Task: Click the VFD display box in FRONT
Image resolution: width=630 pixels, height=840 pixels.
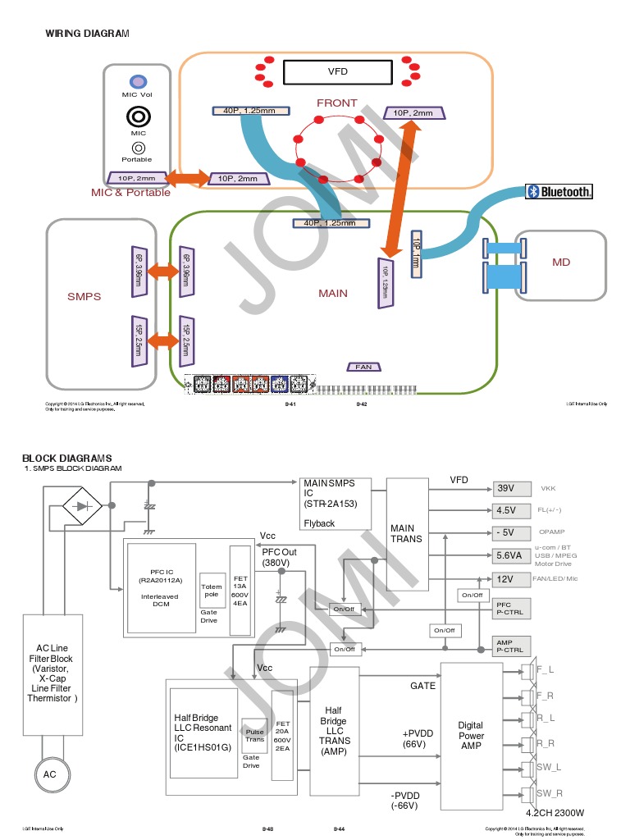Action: point(337,72)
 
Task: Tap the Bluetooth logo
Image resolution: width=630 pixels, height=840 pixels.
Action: point(559,192)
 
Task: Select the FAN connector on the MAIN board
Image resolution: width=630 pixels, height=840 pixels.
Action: point(363,367)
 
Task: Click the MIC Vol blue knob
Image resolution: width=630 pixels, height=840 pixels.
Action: point(138,81)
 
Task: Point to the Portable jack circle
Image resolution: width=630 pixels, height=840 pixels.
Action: point(138,148)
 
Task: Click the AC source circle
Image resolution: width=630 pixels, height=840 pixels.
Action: point(49,774)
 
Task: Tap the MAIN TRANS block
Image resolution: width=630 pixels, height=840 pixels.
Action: point(407,533)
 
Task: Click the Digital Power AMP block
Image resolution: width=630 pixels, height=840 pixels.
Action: point(471,736)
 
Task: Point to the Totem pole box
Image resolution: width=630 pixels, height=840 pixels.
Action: point(212,590)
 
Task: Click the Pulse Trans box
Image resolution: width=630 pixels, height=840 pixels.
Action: point(254,735)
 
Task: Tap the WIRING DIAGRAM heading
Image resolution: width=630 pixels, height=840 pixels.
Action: point(87,34)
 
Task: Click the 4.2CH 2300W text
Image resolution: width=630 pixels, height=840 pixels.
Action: point(555,813)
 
